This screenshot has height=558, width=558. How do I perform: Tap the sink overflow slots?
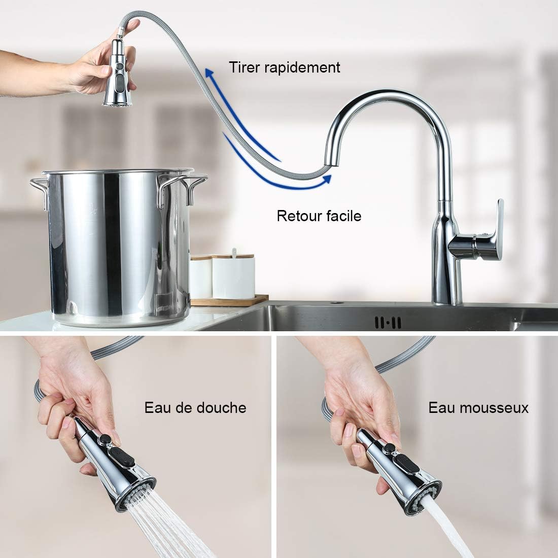tap(388, 322)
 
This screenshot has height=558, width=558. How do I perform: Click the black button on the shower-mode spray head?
tap(106, 440)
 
